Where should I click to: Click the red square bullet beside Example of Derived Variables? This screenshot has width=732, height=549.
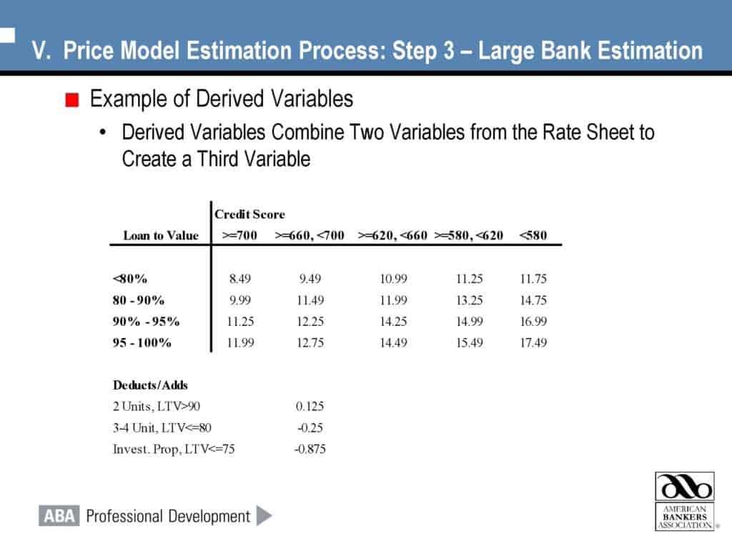click(71, 100)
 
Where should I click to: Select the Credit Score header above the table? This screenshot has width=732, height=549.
click(249, 214)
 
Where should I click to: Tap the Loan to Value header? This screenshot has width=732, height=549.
click(161, 235)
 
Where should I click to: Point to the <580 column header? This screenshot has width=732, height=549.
click(533, 235)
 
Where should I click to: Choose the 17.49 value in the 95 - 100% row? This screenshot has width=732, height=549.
click(533, 343)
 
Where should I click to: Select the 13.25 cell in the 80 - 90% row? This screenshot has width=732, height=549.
click(469, 300)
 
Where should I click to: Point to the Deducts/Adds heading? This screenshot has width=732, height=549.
click(150, 385)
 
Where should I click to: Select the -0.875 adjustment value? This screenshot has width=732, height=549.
click(310, 450)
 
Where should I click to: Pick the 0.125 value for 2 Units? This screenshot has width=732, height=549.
click(310, 407)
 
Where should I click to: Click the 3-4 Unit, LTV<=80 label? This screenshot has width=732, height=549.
click(162, 428)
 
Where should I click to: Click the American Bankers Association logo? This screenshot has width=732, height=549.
click(685, 500)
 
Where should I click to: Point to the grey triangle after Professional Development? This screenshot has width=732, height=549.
click(264, 515)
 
